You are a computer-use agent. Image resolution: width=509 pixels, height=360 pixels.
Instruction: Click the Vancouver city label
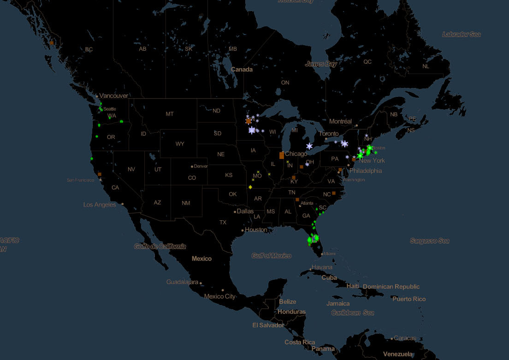coord(113,96)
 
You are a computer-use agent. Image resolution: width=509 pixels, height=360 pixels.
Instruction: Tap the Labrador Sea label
coord(461,35)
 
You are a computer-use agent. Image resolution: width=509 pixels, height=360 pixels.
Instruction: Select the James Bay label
coord(321,65)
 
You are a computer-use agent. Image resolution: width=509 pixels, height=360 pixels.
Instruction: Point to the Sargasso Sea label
coord(429,241)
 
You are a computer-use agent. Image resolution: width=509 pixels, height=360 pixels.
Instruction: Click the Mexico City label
coord(219,296)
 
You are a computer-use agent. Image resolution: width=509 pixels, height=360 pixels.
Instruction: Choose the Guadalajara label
coord(182,282)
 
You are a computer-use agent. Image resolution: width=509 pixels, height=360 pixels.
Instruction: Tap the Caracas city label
coord(405,338)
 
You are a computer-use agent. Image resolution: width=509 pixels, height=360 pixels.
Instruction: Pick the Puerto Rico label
coord(409,299)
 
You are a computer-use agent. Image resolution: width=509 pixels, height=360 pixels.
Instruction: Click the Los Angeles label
coord(100,205)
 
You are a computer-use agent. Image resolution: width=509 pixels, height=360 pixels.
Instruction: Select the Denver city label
coord(201,166)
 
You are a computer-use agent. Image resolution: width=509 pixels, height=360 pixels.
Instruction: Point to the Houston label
coord(256,230)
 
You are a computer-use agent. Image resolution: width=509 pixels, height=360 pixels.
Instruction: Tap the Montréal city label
coord(340,122)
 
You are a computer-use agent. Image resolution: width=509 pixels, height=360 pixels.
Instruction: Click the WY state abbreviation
coord(179,144)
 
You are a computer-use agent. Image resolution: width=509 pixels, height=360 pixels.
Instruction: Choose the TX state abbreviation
coord(223,223)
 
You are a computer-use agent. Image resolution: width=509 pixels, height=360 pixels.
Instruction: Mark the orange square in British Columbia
coord(52,42)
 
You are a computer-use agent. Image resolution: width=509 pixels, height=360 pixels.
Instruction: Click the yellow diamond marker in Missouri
coord(250,187)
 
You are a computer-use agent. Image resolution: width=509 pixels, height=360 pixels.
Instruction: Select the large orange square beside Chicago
coord(281,155)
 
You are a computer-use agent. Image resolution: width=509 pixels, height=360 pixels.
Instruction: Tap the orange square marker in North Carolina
coord(334,193)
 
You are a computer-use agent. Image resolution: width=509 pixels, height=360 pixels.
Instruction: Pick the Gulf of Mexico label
coord(271,256)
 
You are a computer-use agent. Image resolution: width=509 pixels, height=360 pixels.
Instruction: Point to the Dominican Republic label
coord(391,287)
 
